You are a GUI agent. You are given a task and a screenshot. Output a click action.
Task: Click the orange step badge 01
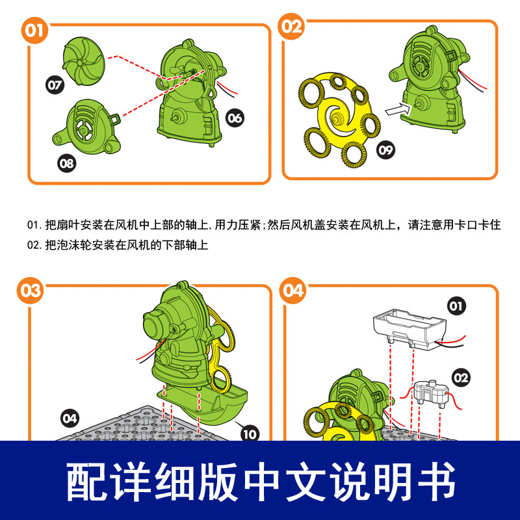(x=34, y=31)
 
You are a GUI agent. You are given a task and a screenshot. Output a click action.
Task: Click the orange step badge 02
(x=291, y=27)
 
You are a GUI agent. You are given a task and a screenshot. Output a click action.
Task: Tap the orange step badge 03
(x=30, y=291)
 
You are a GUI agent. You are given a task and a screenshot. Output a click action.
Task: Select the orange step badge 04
(x=293, y=291)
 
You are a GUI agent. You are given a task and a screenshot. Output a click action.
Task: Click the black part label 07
(x=55, y=85)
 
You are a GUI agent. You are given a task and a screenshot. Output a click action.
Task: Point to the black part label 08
(x=67, y=163)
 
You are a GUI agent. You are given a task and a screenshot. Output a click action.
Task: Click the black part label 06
(x=235, y=118)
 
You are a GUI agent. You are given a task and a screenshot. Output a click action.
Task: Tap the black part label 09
(x=385, y=150)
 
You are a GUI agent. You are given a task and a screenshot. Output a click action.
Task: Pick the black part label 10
(x=250, y=434)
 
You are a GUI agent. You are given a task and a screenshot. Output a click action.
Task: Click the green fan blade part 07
(x=84, y=61)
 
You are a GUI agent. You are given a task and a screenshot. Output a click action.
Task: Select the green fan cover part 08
(x=87, y=127)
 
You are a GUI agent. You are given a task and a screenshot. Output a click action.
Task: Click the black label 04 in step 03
(x=70, y=419)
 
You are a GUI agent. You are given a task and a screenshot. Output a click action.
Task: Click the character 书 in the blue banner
(x=437, y=481)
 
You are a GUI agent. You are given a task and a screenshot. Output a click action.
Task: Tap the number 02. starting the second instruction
(x=35, y=245)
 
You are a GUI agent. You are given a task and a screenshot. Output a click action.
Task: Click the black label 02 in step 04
(x=461, y=378)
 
